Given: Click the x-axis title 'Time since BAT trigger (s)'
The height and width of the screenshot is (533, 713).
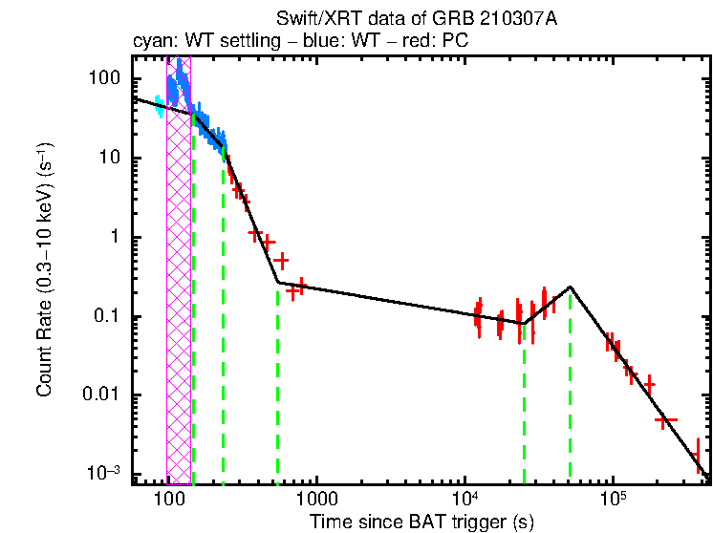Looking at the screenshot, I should pos(421,522).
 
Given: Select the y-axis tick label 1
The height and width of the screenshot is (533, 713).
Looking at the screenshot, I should pos(117,237).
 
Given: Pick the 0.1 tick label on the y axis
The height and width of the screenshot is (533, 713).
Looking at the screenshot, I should pos(110,316).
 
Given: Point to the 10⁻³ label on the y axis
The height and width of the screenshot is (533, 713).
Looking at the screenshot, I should pos(105,474).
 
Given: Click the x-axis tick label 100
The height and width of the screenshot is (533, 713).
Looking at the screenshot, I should pos(168,498).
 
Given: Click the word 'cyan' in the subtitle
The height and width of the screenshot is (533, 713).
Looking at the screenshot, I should pos(150,43).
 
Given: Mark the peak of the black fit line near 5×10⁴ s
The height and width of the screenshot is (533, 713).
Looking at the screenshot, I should pos(571,287).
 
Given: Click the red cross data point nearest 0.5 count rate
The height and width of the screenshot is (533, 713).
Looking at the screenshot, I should pos(281,260).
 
